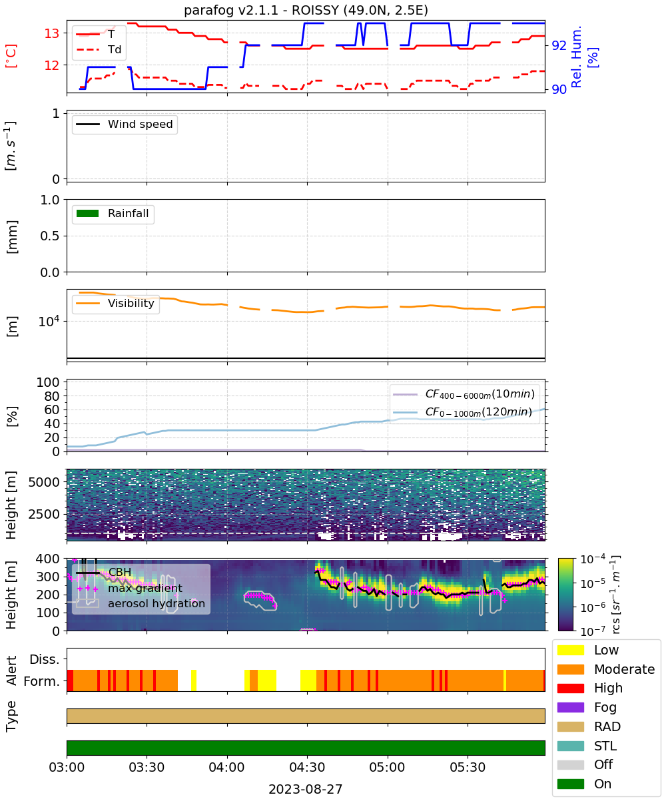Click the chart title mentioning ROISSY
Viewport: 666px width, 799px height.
306,10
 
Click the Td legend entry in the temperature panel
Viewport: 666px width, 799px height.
99,49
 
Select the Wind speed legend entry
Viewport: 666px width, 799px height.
125,124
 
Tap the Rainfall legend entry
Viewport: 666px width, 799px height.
113,213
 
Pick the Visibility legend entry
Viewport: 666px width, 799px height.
115,303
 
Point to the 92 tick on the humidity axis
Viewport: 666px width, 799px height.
559,45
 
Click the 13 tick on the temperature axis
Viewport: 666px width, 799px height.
52,34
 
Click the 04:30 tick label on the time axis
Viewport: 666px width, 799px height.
307,768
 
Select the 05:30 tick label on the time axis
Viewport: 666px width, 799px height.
468,768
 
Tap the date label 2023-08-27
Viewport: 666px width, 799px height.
306,789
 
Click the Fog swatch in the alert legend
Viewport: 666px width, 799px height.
570,708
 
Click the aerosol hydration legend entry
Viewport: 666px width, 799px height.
141,603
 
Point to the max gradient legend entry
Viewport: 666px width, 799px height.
129,588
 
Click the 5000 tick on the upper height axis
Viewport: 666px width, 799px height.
44,482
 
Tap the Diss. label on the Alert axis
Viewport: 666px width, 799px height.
45,659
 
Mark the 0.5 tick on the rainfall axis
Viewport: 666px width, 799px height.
50,236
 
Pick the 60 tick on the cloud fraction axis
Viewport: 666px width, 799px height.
52,410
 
